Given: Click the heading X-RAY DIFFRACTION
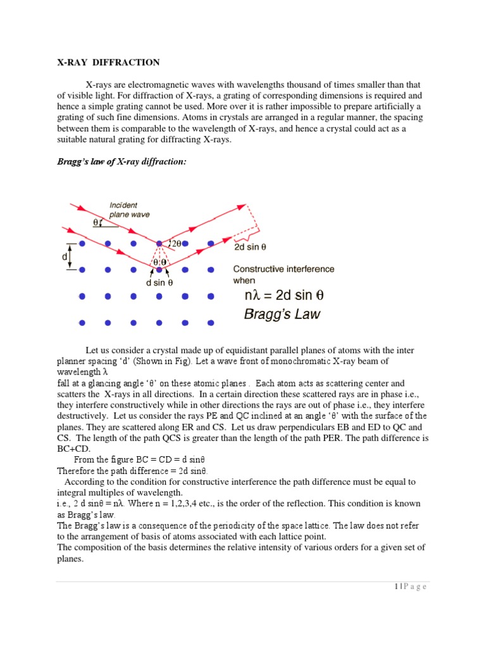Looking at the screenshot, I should click(108, 62).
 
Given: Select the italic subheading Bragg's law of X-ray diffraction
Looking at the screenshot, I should click(122, 162).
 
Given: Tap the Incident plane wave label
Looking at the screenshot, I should click(130, 210).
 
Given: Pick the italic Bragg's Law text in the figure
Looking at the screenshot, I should click(282, 314).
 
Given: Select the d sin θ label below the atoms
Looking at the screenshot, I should click(159, 283).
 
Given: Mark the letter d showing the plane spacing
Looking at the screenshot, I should click(65, 257).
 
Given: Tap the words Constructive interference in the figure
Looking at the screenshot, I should click(284, 269).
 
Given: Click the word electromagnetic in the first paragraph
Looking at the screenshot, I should click(156, 85).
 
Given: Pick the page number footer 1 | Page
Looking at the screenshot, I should click(408, 587).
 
